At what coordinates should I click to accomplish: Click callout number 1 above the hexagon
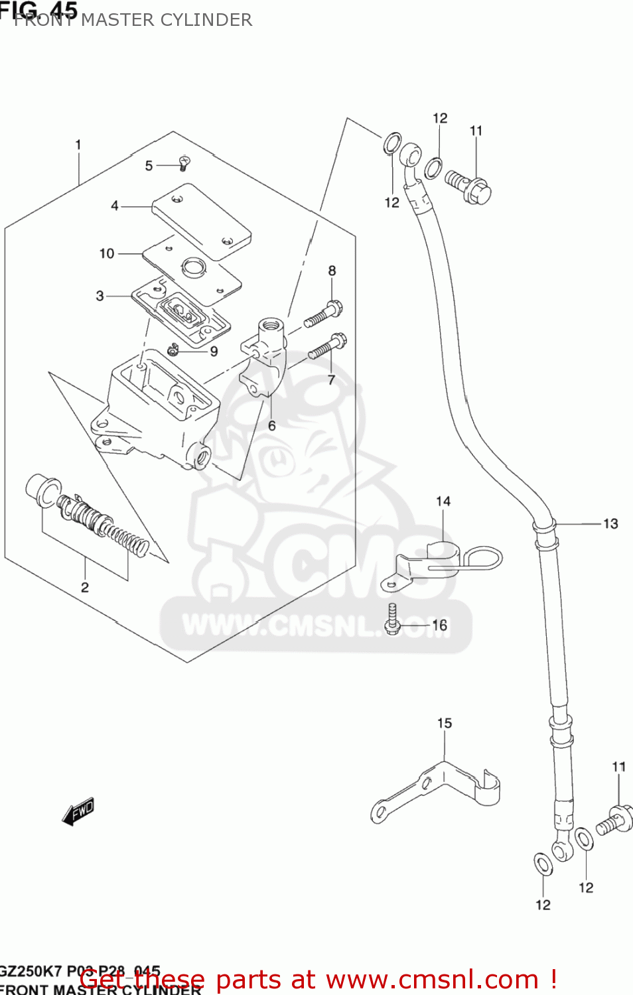click(x=78, y=145)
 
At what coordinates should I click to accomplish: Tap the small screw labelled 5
click(x=184, y=163)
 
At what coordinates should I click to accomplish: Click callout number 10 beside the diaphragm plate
click(x=106, y=253)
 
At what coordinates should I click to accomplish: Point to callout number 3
click(x=100, y=296)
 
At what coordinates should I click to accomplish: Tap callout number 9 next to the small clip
click(x=214, y=352)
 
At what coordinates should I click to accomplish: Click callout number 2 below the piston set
click(x=85, y=587)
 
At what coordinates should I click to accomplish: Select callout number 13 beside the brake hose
click(x=610, y=524)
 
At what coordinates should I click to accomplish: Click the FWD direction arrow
click(x=78, y=811)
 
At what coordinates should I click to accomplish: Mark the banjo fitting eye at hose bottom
click(x=561, y=849)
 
